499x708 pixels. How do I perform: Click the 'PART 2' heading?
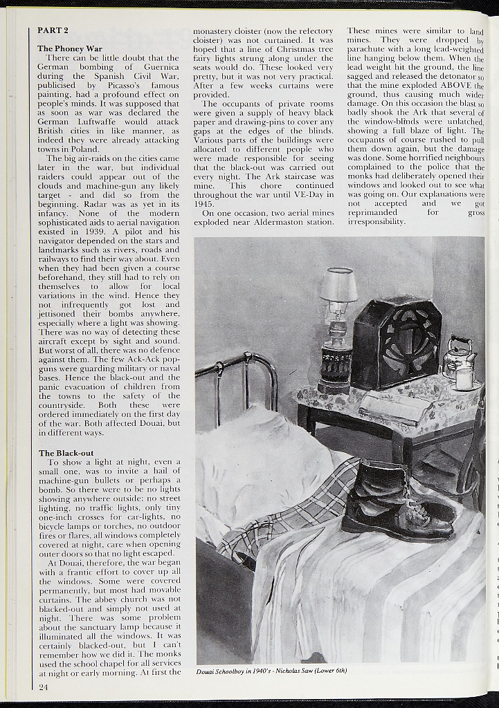tap(53, 31)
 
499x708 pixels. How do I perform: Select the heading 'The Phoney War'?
tap(70, 48)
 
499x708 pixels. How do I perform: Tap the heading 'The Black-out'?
tap(66, 453)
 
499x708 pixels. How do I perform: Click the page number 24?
tap(44, 687)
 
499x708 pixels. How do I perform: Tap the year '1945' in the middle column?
tap(204, 204)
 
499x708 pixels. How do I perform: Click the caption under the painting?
tap(271, 671)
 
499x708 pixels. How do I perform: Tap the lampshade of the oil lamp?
tap(338, 285)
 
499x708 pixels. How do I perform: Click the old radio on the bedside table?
tap(396, 343)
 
